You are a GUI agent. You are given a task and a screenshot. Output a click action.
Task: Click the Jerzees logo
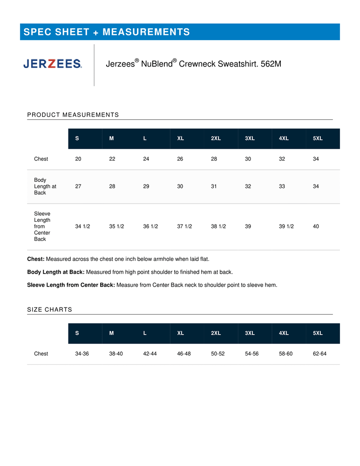(53, 64)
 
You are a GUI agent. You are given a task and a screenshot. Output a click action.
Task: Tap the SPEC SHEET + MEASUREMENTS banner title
(107, 32)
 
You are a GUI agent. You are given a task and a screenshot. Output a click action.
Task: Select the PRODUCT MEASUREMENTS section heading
(73, 115)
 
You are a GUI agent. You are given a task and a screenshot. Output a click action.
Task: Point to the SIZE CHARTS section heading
(50, 309)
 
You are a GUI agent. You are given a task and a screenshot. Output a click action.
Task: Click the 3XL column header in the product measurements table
(250, 139)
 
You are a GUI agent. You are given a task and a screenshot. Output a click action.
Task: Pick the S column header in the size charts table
(77, 333)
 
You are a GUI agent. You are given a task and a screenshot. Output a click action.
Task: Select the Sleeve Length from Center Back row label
(42, 226)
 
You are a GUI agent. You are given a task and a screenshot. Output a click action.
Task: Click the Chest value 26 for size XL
(180, 159)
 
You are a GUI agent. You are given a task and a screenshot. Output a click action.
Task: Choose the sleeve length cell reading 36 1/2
(150, 226)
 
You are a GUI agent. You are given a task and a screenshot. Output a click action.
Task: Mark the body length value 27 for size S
(78, 186)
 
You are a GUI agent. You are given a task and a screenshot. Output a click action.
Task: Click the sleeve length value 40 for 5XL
(316, 226)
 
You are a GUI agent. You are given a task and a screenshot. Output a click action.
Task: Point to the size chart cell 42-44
(150, 354)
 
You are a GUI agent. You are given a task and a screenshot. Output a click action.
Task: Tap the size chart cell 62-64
(319, 354)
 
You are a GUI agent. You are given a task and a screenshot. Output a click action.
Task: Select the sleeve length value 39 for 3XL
(248, 226)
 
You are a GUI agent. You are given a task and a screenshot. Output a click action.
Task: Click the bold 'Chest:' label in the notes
(36, 259)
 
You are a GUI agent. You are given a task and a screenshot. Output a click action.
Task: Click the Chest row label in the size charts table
(41, 354)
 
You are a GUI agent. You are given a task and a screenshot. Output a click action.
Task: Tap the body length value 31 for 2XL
(214, 186)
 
